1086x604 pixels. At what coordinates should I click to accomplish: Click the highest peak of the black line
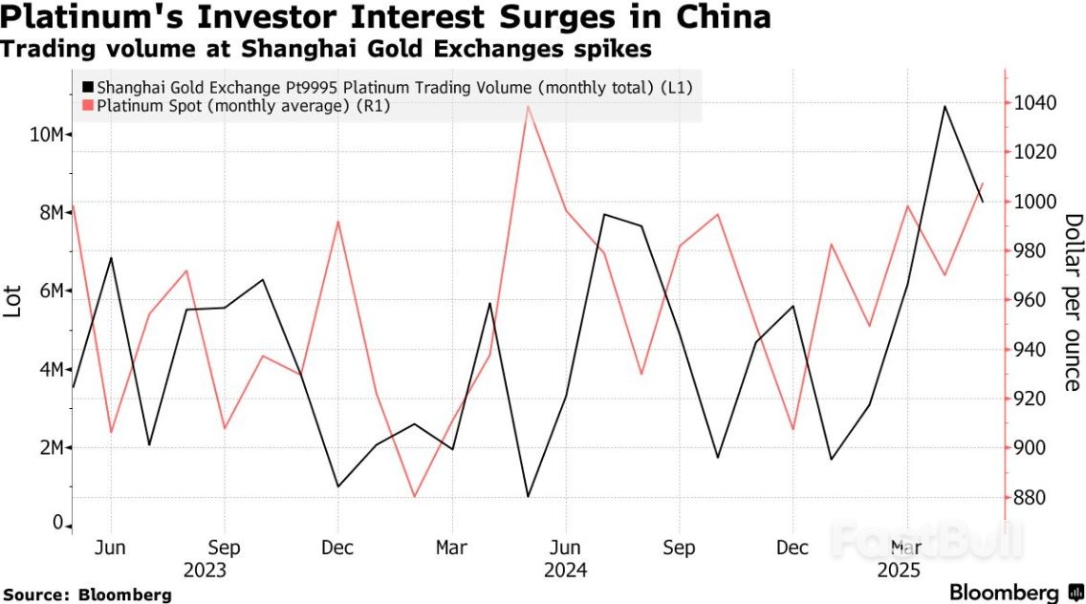point(945,106)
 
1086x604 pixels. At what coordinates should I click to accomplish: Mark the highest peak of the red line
point(528,106)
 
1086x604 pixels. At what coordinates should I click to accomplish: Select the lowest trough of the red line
point(414,497)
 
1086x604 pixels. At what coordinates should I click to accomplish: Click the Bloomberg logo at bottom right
point(1013,592)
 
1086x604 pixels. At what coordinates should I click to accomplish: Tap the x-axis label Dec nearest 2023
point(337,548)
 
